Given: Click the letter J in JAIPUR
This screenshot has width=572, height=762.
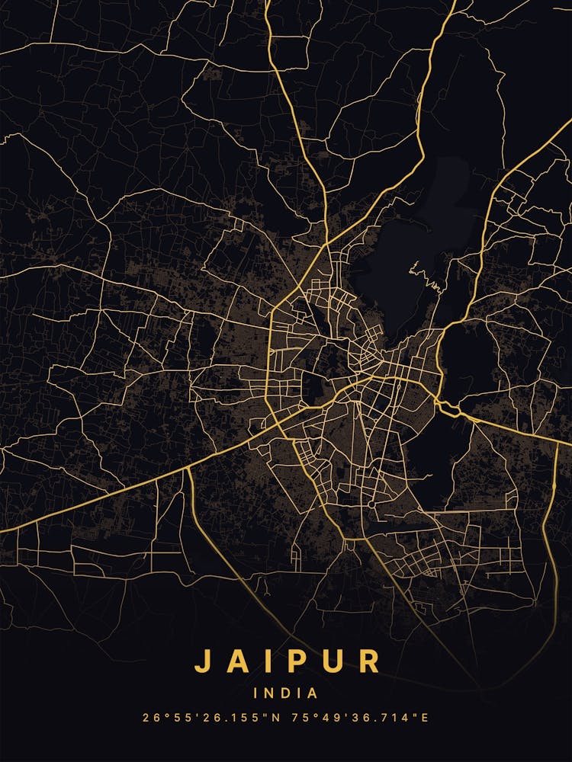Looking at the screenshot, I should [x=202, y=661].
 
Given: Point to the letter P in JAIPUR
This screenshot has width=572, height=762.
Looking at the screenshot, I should [x=299, y=661].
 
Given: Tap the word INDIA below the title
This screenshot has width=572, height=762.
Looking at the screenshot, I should [x=286, y=693].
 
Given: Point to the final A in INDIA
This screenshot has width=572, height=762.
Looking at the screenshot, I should [x=313, y=693].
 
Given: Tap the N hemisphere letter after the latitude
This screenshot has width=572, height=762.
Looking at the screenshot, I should [x=268, y=718].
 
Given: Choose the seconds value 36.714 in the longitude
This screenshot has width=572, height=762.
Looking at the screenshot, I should [x=374, y=718].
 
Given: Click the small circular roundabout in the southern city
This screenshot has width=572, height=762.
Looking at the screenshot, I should [x=371, y=504].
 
